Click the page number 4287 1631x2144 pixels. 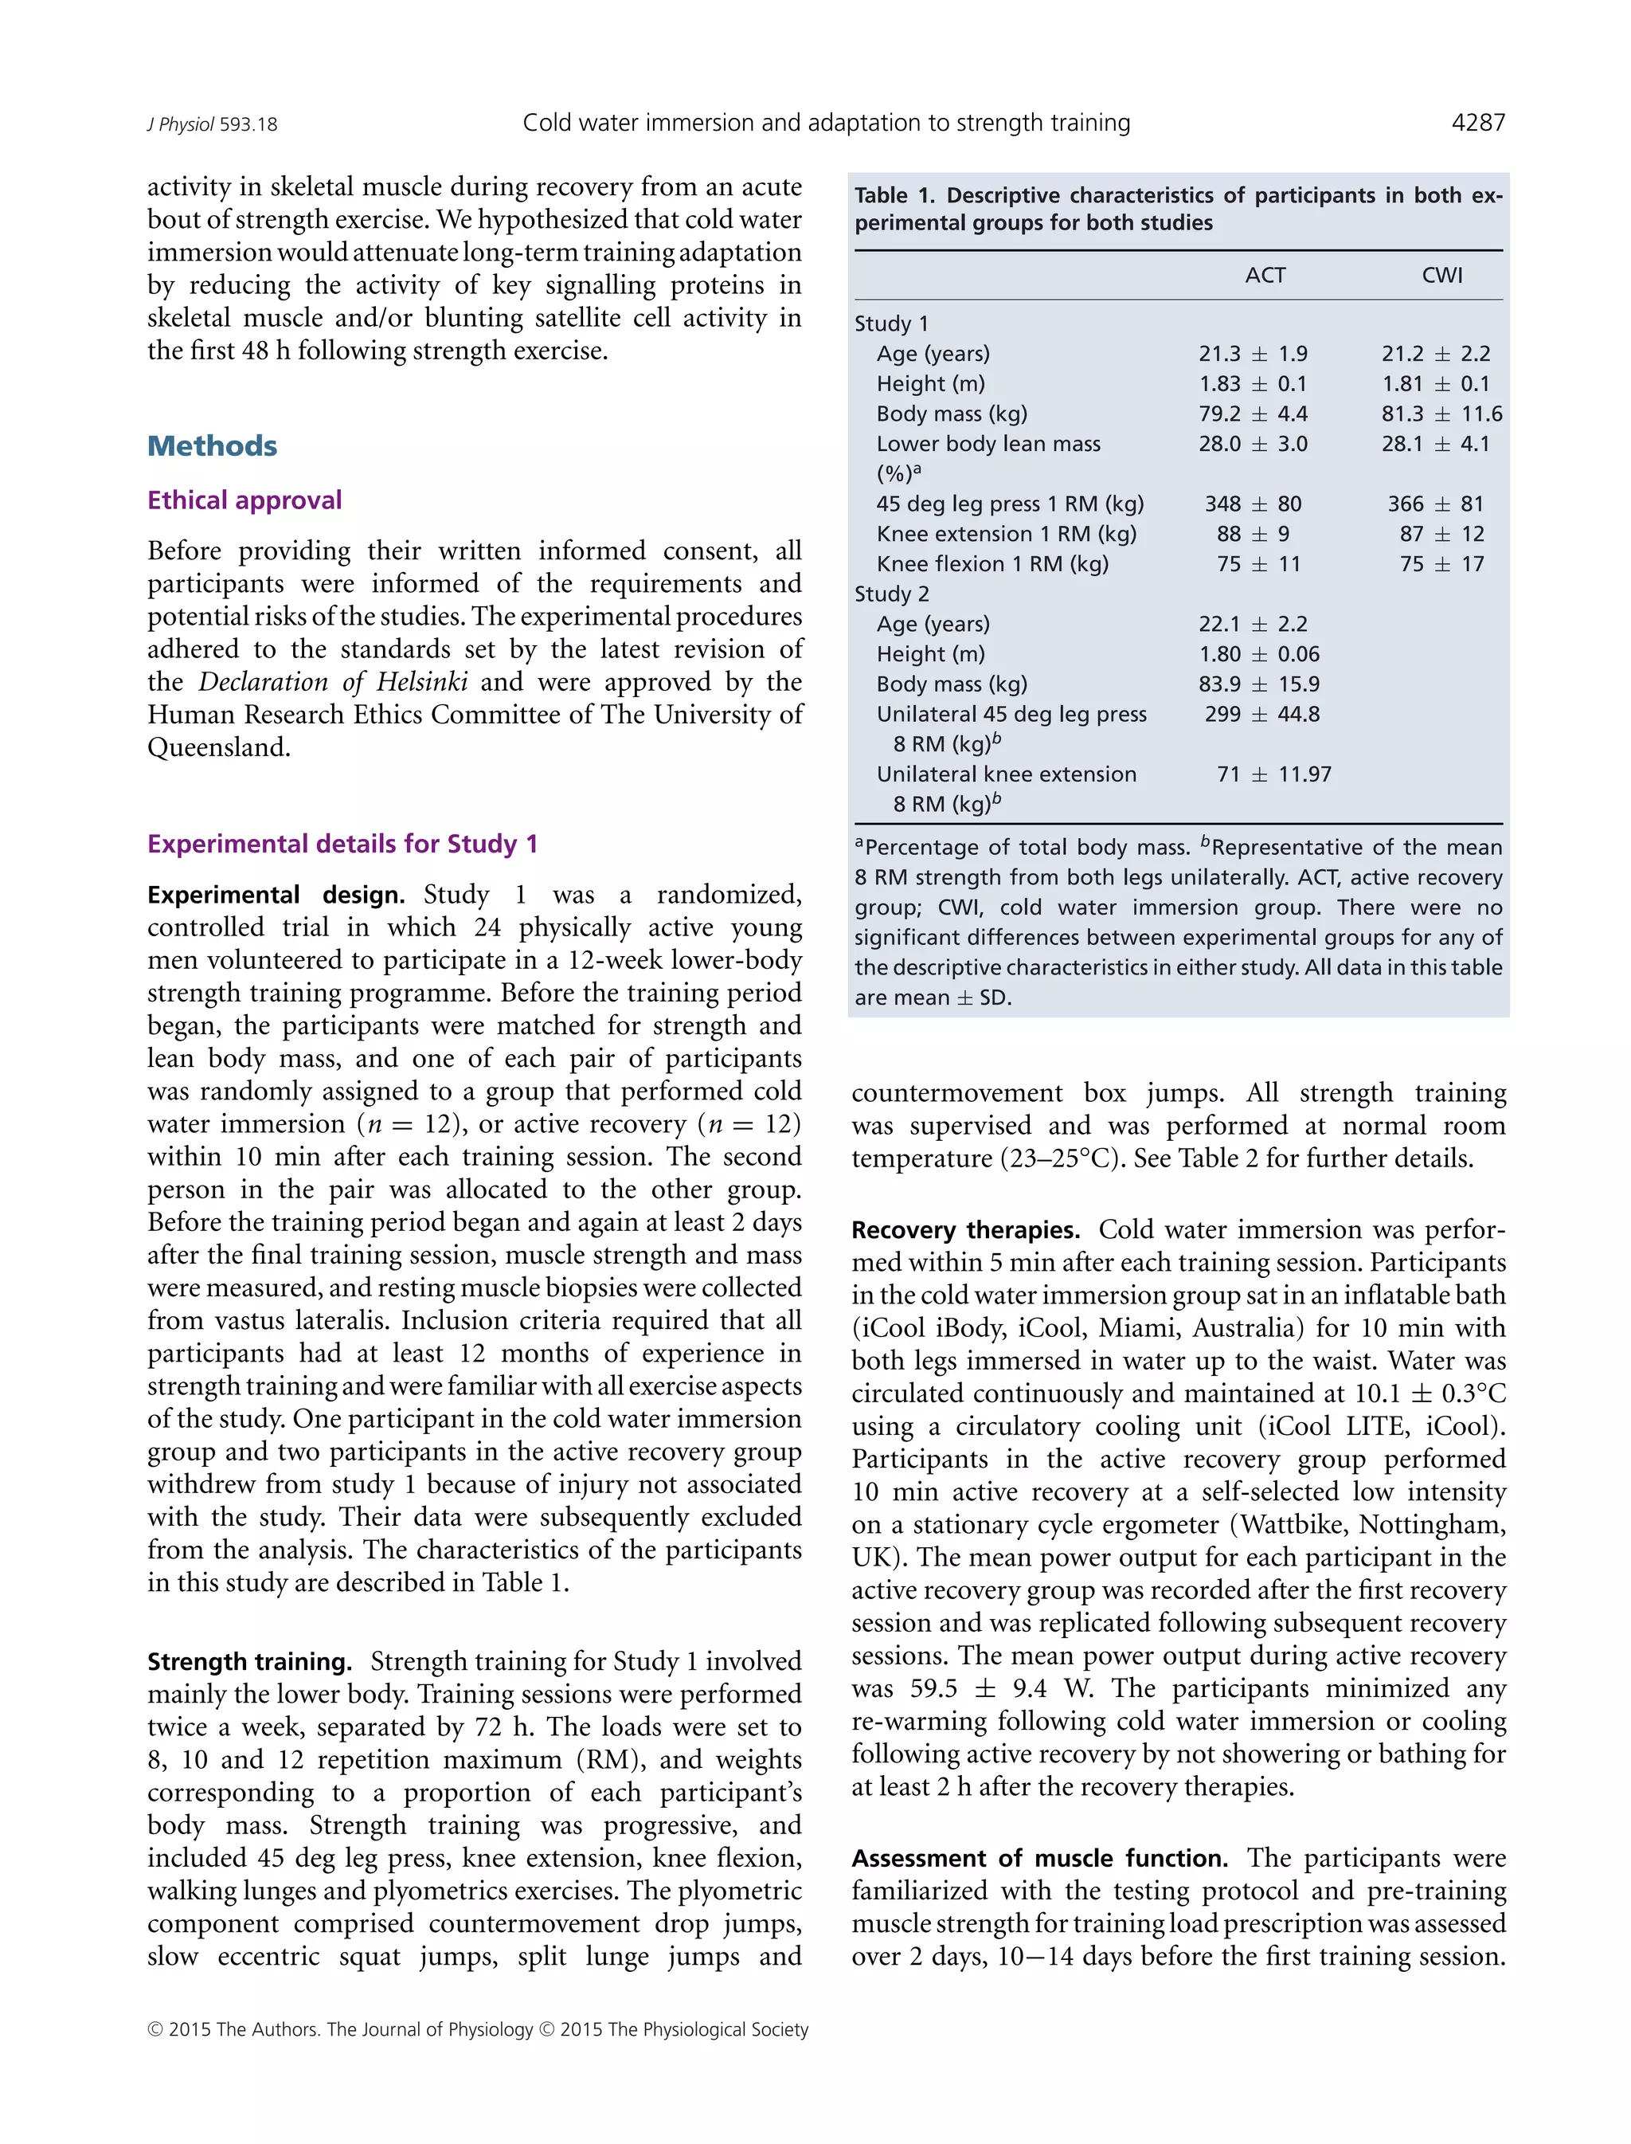click(x=1477, y=123)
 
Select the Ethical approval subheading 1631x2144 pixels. click(x=244, y=500)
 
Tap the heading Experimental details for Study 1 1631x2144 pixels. click(x=342, y=844)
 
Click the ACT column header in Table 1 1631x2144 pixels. click(x=1265, y=276)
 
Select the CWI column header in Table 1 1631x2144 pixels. click(x=1441, y=276)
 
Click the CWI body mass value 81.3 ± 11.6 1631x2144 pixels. click(x=1441, y=414)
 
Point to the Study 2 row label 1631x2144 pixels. click(x=891, y=594)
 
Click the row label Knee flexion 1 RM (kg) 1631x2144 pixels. click(x=992, y=564)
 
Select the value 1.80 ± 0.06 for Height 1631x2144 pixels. click(x=1258, y=654)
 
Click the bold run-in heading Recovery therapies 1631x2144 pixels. click(x=965, y=1230)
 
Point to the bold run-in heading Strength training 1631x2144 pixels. click(x=249, y=1662)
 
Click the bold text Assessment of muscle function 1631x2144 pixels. click(x=1038, y=1859)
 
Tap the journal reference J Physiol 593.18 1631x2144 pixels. click(x=212, y=124)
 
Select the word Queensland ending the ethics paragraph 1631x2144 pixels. click(x=218, y=747)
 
